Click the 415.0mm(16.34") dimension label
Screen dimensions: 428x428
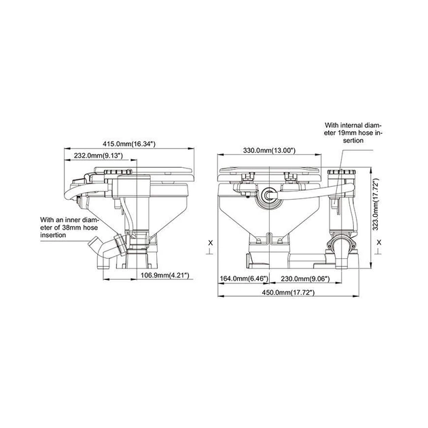[x=129, y=144]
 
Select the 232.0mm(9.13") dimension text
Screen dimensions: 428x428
[x=98, y=156]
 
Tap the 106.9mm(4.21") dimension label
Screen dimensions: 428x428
[x=165, y=275]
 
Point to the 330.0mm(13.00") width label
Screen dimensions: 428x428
[x=269, y=150]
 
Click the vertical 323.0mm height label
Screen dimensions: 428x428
[x=376, y=204]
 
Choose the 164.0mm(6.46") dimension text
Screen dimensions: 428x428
[x=244, y=279]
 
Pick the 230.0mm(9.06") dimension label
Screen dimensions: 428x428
[x=305, y=279]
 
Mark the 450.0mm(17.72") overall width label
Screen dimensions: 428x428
[x=289, y=292]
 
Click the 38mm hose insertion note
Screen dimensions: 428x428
[x=69, y=227]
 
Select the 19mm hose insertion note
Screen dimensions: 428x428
[x=353, y=132]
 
